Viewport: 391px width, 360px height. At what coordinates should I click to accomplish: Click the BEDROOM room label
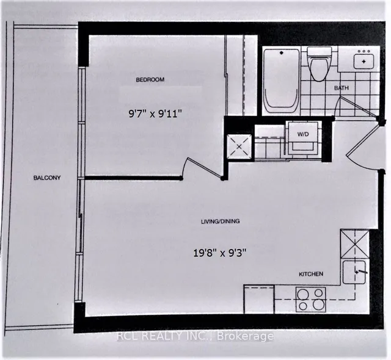coord(150,80)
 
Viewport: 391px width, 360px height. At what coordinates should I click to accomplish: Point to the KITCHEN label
coord(311,275)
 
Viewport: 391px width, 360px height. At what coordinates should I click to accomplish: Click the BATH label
coord(342,89)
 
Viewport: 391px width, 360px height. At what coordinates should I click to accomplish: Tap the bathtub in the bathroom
coord(281,81)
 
